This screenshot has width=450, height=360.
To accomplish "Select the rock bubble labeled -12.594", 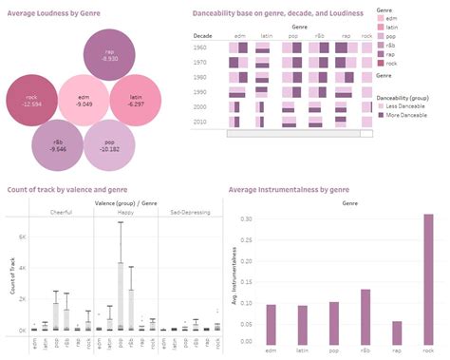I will tap(32, 100).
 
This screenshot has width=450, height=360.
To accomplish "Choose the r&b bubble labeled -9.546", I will tap(59, 143).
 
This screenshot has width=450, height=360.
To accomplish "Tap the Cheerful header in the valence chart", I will tap(62, 213).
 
